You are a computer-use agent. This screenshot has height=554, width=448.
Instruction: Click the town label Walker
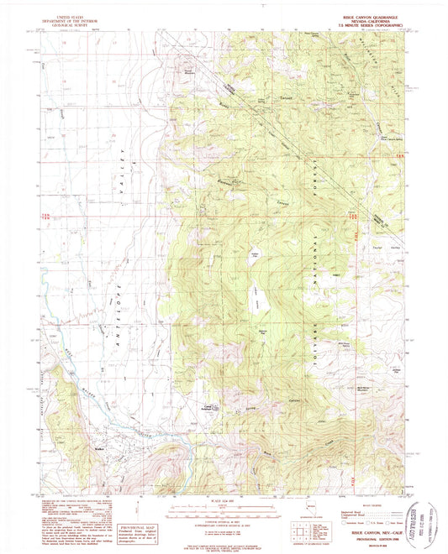click(x=99, y=436)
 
